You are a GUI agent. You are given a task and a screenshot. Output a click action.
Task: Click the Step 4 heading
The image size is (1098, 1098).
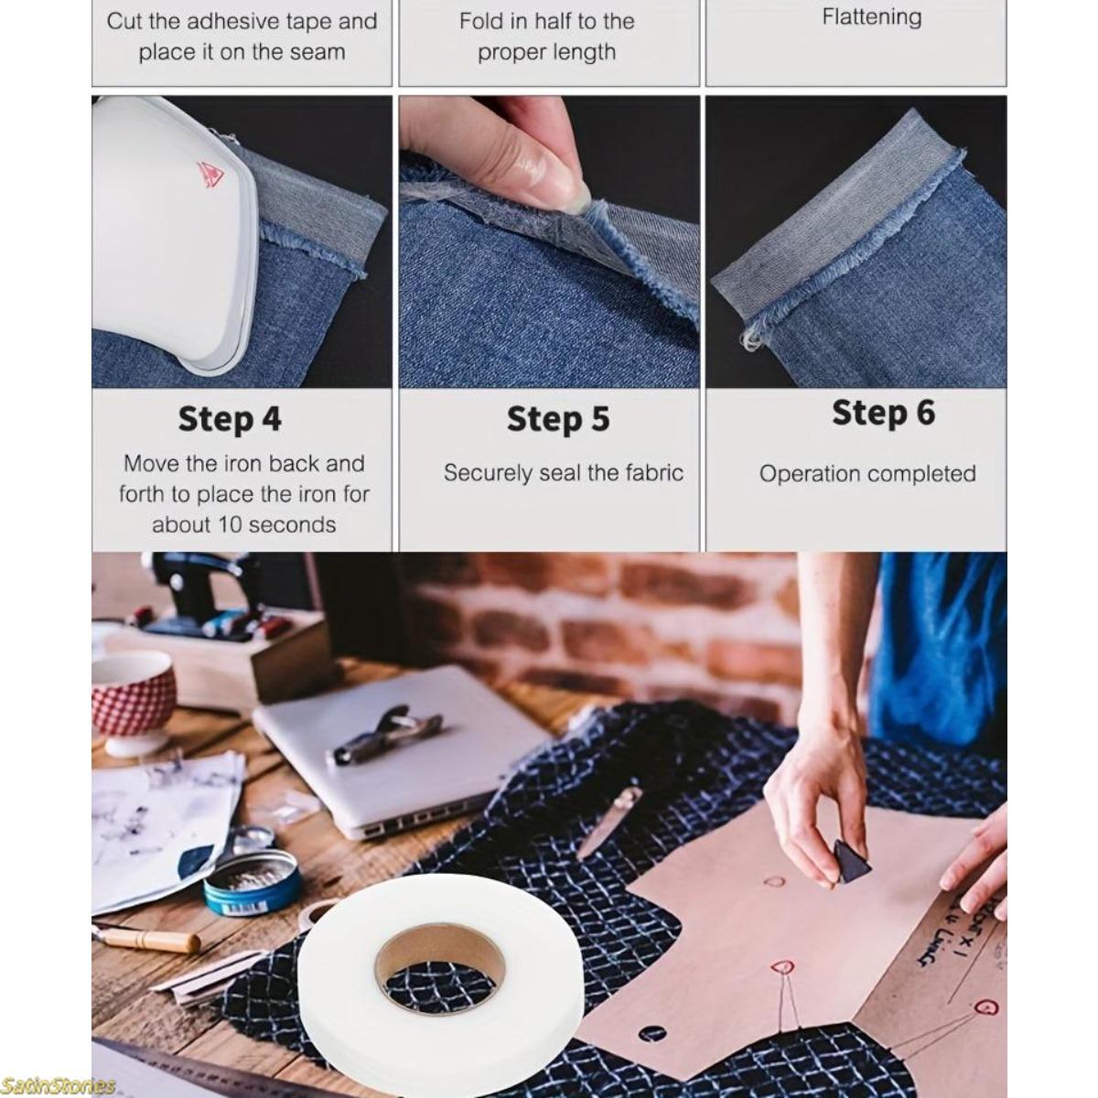pyautogui.click(x=230, y=419)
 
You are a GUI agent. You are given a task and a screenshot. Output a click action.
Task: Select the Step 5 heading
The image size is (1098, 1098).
pyautogui.click(x=557, y=419)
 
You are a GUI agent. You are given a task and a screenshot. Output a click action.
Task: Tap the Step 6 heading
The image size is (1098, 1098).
pyautogui.click(x=883, y=413)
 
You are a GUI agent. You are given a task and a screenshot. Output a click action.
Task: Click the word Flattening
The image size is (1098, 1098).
pyautogui.click(x=871, y=16)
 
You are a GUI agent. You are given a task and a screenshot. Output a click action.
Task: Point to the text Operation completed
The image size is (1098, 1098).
pyautogui.click(x=867, y=474)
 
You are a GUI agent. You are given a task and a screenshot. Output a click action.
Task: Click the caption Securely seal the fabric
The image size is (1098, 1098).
pyautogui.click(x=563, y=473)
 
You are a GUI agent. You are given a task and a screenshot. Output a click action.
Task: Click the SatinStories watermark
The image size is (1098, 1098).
pyautogui.click(x=58, y=1085)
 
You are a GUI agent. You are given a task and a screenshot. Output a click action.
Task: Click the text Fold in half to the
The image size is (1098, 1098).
pyautogui.click(x=546, y=21)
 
